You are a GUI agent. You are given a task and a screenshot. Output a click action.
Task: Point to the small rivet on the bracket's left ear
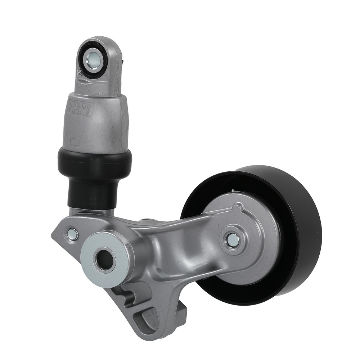coord(72,234)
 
